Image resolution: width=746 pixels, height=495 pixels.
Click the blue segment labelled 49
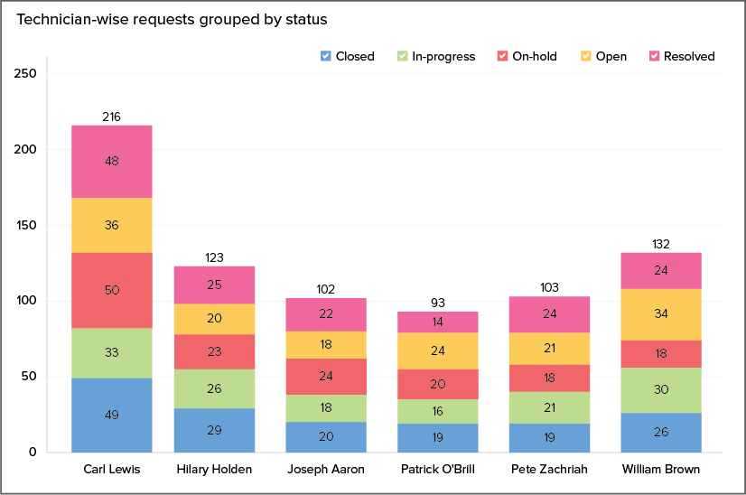(111, 415)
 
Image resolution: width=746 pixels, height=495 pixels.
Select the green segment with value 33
(111, 352)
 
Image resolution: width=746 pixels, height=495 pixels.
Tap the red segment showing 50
(111, 290)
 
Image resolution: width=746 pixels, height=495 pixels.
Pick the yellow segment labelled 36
(111, 225)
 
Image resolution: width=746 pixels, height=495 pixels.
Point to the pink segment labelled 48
(111, 161)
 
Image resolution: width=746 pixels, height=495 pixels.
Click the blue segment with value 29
(214, 430)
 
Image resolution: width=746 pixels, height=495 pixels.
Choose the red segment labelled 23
(214, 352)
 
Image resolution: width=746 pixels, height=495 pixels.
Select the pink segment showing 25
(214, 285)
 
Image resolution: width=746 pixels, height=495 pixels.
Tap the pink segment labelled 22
(326, 314)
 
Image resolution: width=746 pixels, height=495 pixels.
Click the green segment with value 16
(438, 411)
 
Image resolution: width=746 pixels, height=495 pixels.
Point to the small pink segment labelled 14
(438, 322)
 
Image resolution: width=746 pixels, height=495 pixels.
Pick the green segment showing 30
(661, 390)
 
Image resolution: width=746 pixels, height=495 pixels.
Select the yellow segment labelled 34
(661, 314)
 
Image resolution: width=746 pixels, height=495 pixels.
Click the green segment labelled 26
(214, 388)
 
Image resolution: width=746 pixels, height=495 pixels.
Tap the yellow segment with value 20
(214, 319)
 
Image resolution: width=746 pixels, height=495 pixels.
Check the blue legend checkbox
(326, 56)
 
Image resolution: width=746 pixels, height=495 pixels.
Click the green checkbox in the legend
(403, 56)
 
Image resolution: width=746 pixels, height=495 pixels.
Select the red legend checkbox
(502, 56)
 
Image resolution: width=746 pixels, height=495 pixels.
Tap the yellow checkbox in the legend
(586, 56)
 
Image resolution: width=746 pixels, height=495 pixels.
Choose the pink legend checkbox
(655, 56)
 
